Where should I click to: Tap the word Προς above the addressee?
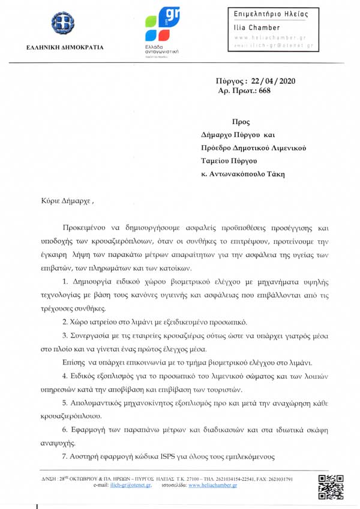[x=240, y=121]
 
